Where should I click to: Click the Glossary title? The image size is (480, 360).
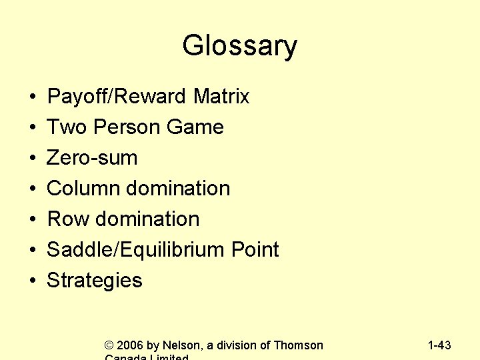point(239,46)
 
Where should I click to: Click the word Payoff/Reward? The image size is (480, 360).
point(117,97)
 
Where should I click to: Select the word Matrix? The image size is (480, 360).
point(221,97)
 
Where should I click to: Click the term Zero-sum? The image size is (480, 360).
point(92,158)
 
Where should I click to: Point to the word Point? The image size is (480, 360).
point(255,250)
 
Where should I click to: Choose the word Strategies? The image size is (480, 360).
point(94,281)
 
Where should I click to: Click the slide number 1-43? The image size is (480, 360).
point(439,345)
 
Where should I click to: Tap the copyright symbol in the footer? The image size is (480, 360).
point(109,345)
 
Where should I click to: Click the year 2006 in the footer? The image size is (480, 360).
point(130,345)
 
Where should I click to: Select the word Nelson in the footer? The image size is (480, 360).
point(181,345)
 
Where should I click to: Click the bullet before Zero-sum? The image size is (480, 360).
point(33,159)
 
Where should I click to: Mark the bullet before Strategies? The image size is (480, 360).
point(33,281)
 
